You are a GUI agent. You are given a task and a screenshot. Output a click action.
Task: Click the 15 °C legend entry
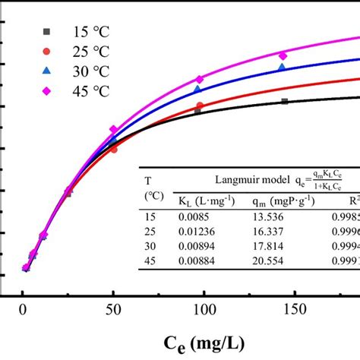point(76,32)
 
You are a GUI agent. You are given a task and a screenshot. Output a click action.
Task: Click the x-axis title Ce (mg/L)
point(202,343)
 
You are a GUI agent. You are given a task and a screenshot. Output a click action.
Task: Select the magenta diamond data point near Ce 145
point(283,55)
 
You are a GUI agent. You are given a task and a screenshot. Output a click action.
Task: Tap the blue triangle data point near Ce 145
point(282,68)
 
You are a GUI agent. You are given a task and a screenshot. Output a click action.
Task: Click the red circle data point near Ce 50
point(113,149)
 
